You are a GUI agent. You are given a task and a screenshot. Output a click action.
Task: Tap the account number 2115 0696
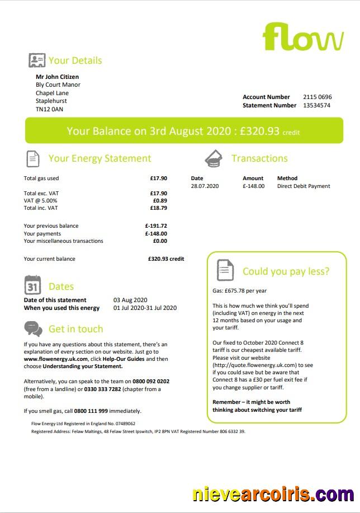tap(317, 97)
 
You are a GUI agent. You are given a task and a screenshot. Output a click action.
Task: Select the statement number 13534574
tap(316, 105)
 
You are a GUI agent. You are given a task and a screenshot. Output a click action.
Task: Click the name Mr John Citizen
tap(57, 77)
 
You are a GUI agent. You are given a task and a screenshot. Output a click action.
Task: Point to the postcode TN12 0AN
tap(49, 110)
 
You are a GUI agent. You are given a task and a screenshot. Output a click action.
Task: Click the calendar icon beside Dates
tap(33, 285)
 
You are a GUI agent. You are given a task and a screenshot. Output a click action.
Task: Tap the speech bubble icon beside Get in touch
tap(33, 328)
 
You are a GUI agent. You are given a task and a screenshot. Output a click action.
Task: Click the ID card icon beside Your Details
tap(37, 60)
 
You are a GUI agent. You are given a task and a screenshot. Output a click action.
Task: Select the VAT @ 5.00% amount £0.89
tap(160, 200)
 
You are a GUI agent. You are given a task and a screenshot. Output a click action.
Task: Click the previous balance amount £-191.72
tap(156, 226)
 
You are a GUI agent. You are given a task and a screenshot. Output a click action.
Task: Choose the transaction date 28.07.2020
tap(205, 186)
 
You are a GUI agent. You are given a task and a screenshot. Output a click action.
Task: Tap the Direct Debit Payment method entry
tap(304, 186)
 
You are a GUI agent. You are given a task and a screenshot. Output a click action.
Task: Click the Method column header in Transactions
tap(287, 178)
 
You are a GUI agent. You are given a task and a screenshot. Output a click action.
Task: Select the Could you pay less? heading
tap(286, 272)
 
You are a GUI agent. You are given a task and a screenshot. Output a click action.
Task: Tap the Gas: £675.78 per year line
tap(239, 291)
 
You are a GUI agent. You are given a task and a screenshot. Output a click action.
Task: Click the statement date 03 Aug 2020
tap(130, 300)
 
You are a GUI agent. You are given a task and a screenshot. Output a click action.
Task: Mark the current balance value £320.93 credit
tap(166, 259)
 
